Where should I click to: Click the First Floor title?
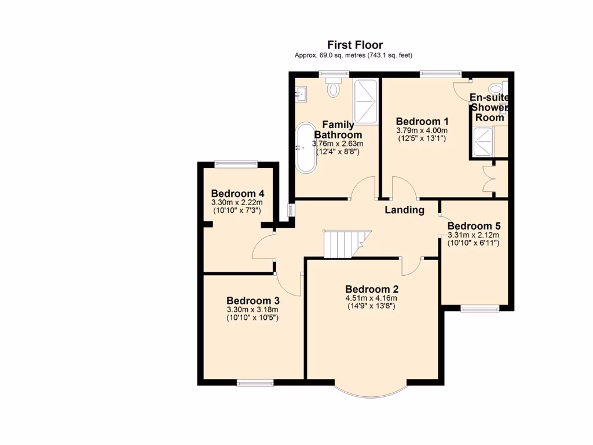(355, 45)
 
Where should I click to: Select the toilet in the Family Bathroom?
(334, 89)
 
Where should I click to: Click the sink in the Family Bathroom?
(301, 92)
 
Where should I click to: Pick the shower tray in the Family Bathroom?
(365, 101)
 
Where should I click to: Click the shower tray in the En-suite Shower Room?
(482, 142)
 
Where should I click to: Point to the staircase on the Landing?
(344, 243)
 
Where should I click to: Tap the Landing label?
(404, 210)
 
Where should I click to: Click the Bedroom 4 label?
(237, 194)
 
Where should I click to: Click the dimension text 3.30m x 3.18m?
(253, 310)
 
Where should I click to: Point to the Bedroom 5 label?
(474, 226)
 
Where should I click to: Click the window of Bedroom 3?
(255, 382)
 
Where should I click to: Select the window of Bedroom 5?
(480, 308)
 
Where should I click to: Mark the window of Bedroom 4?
(235, 164)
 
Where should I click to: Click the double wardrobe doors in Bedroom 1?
(488, 180)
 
